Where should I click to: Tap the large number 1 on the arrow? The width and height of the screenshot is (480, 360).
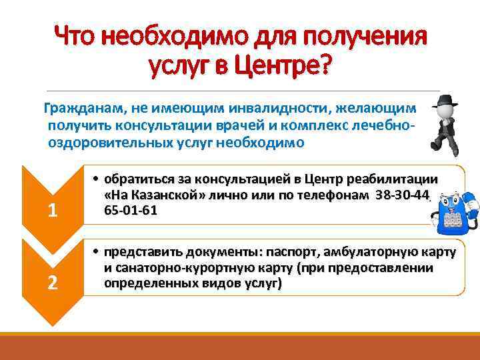coord(53,211)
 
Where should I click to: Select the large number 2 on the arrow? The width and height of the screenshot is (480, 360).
coord(53,283)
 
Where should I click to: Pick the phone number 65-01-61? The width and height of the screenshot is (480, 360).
coord(126,209)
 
